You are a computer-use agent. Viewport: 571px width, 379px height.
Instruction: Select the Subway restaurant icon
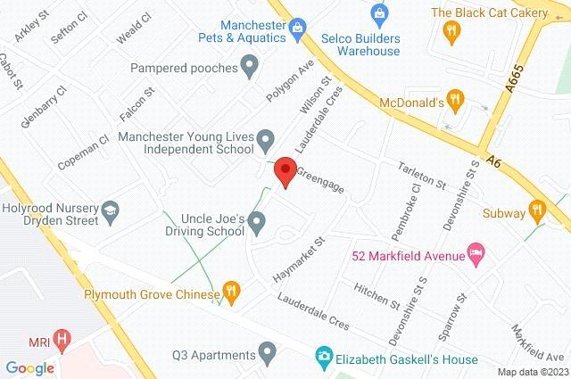pos(536,211)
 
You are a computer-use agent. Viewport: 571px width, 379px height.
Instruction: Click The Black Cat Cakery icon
pos(451,31)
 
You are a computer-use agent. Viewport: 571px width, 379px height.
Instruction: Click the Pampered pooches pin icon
pos(250,65)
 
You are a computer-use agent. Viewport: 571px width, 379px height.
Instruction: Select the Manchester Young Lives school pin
pos(264,139)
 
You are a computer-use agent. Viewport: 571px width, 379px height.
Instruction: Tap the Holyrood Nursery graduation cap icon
pos(111,210)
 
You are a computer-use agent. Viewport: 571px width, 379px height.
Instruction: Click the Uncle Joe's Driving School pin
pos(257,221)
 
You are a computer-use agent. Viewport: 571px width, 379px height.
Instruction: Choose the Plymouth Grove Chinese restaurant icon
pos(231,291)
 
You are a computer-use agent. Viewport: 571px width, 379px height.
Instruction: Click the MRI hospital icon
pos(62,339)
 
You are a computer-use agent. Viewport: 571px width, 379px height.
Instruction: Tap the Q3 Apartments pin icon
pos(267,354)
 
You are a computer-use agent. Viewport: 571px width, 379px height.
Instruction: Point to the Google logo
pos(29,367)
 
